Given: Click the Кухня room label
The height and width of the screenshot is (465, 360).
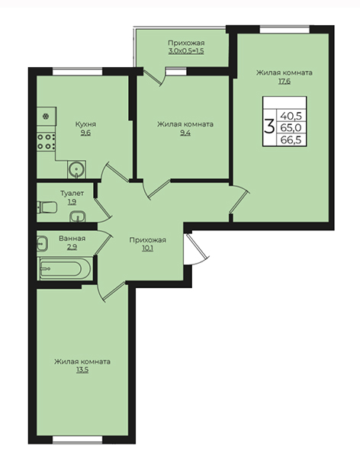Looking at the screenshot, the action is tap(85, 124).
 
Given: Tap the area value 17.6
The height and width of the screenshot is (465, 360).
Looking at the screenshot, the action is tap(284, 82).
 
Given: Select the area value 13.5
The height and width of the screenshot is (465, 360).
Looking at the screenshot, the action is tap(82, 370).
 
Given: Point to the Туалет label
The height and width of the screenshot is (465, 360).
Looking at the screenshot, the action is tap(72, 194).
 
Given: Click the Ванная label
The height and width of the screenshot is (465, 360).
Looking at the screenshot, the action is tap(72, 239).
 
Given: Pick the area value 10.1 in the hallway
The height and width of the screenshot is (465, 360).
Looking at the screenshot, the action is tap(147, 249).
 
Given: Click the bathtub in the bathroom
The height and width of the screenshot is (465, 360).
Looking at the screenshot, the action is tap(65, 269).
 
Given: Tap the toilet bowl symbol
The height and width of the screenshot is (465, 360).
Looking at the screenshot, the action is tap(47, 207).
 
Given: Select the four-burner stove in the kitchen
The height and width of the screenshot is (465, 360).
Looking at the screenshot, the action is tap(46, 142).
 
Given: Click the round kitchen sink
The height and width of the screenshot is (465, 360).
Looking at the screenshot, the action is tap(76, 170).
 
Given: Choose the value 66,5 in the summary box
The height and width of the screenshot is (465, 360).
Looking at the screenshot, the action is tap(291, 139).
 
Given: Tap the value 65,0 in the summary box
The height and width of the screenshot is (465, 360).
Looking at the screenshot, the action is tap(291, 127).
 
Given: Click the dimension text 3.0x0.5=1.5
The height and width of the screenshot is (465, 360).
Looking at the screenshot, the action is tap(186, 51).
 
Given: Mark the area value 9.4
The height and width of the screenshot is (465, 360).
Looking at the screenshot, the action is tap(185, 133).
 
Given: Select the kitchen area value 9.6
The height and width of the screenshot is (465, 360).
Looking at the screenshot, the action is tap(85, 133).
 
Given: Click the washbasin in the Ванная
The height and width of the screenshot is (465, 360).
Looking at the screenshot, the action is tap(43, 244).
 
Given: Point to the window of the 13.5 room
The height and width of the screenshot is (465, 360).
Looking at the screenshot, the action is tap(78, 440).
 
